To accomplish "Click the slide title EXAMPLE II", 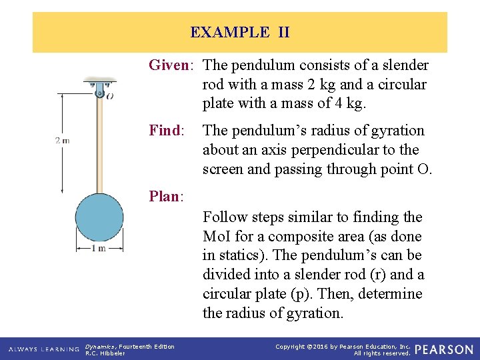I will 239,32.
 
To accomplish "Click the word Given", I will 169,65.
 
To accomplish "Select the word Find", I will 165,131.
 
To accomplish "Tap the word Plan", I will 165,196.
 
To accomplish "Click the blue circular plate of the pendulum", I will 99,217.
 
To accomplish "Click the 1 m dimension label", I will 99,249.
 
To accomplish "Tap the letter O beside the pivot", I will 109,96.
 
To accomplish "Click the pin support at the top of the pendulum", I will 99,88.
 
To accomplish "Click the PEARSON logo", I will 445,349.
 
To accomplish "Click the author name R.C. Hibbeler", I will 105,353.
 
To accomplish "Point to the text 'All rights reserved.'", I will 382,353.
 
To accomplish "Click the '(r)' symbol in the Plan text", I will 369,275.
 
